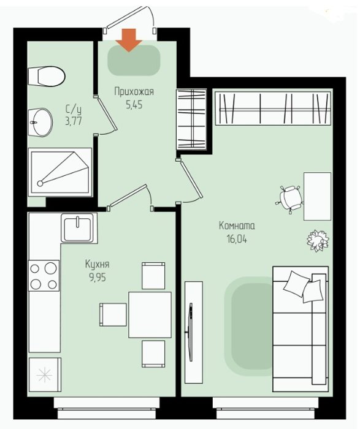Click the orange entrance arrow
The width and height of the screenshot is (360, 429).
(x=129, y=40)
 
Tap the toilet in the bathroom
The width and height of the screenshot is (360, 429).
(x=47, y=76)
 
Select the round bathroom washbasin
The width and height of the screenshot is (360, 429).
(x=40, y=123)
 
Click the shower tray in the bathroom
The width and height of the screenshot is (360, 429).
(x=60, y=172)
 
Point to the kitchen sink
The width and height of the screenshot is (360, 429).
(x=79, y=228)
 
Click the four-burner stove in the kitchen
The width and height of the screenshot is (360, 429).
(x=44, y=276)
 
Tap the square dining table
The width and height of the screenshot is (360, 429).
(x=150, y=314)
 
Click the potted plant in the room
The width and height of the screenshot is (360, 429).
(x=318, y=241)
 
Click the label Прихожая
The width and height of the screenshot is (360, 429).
(x=134, y=92)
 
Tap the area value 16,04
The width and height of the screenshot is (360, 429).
(x=237, y=240)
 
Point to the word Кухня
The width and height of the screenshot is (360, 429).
(x=98, y=265)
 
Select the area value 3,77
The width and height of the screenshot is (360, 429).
(x=74, y=121)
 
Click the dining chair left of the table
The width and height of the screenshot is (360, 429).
(x=113, y=314)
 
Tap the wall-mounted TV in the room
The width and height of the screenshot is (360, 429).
(x=191, y=332)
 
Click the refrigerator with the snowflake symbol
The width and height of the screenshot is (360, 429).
(x=45, y=375)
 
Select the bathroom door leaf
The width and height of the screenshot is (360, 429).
(x=107, y=113)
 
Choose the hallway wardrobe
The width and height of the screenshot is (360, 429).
(x=191, y=120)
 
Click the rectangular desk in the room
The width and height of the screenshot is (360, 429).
(x=317, y=196)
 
